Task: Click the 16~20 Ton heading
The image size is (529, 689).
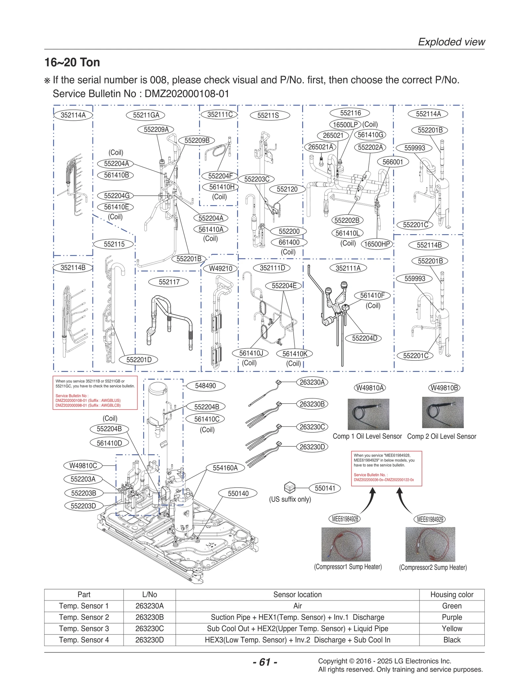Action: [x=72, y=62]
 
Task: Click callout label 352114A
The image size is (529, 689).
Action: [x=73, y=115]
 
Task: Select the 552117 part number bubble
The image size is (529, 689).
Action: [x=169, y=282]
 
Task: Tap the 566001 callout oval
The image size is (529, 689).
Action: [x=393, y=162]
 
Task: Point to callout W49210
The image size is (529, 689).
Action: [x=221, y=268]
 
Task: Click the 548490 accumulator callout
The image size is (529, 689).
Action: [x=205, y=386]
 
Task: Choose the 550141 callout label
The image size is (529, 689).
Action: [x=325, y=488]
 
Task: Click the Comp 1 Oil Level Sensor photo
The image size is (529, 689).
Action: [x=368, y=414]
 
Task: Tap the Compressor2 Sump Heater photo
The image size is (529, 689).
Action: [x=430, y=544]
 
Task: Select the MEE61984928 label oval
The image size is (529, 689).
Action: [x=345, y=519]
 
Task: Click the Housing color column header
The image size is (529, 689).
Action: [x=452, y=594]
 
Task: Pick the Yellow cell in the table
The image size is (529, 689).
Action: [x=452, y=628]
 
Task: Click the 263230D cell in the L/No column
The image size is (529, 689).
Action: [x=149, y=640]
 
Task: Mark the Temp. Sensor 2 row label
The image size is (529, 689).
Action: [x=84, y=617]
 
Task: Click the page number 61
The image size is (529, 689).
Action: [x=265, y=662]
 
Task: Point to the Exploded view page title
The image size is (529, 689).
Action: [x=451, y=42]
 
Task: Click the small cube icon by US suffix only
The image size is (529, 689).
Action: [x=289, y=487]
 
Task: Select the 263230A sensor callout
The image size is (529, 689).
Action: [x=312, y=383]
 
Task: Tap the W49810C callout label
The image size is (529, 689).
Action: [x=83, y=466]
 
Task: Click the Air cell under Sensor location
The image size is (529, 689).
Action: [x=297, y=606]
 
